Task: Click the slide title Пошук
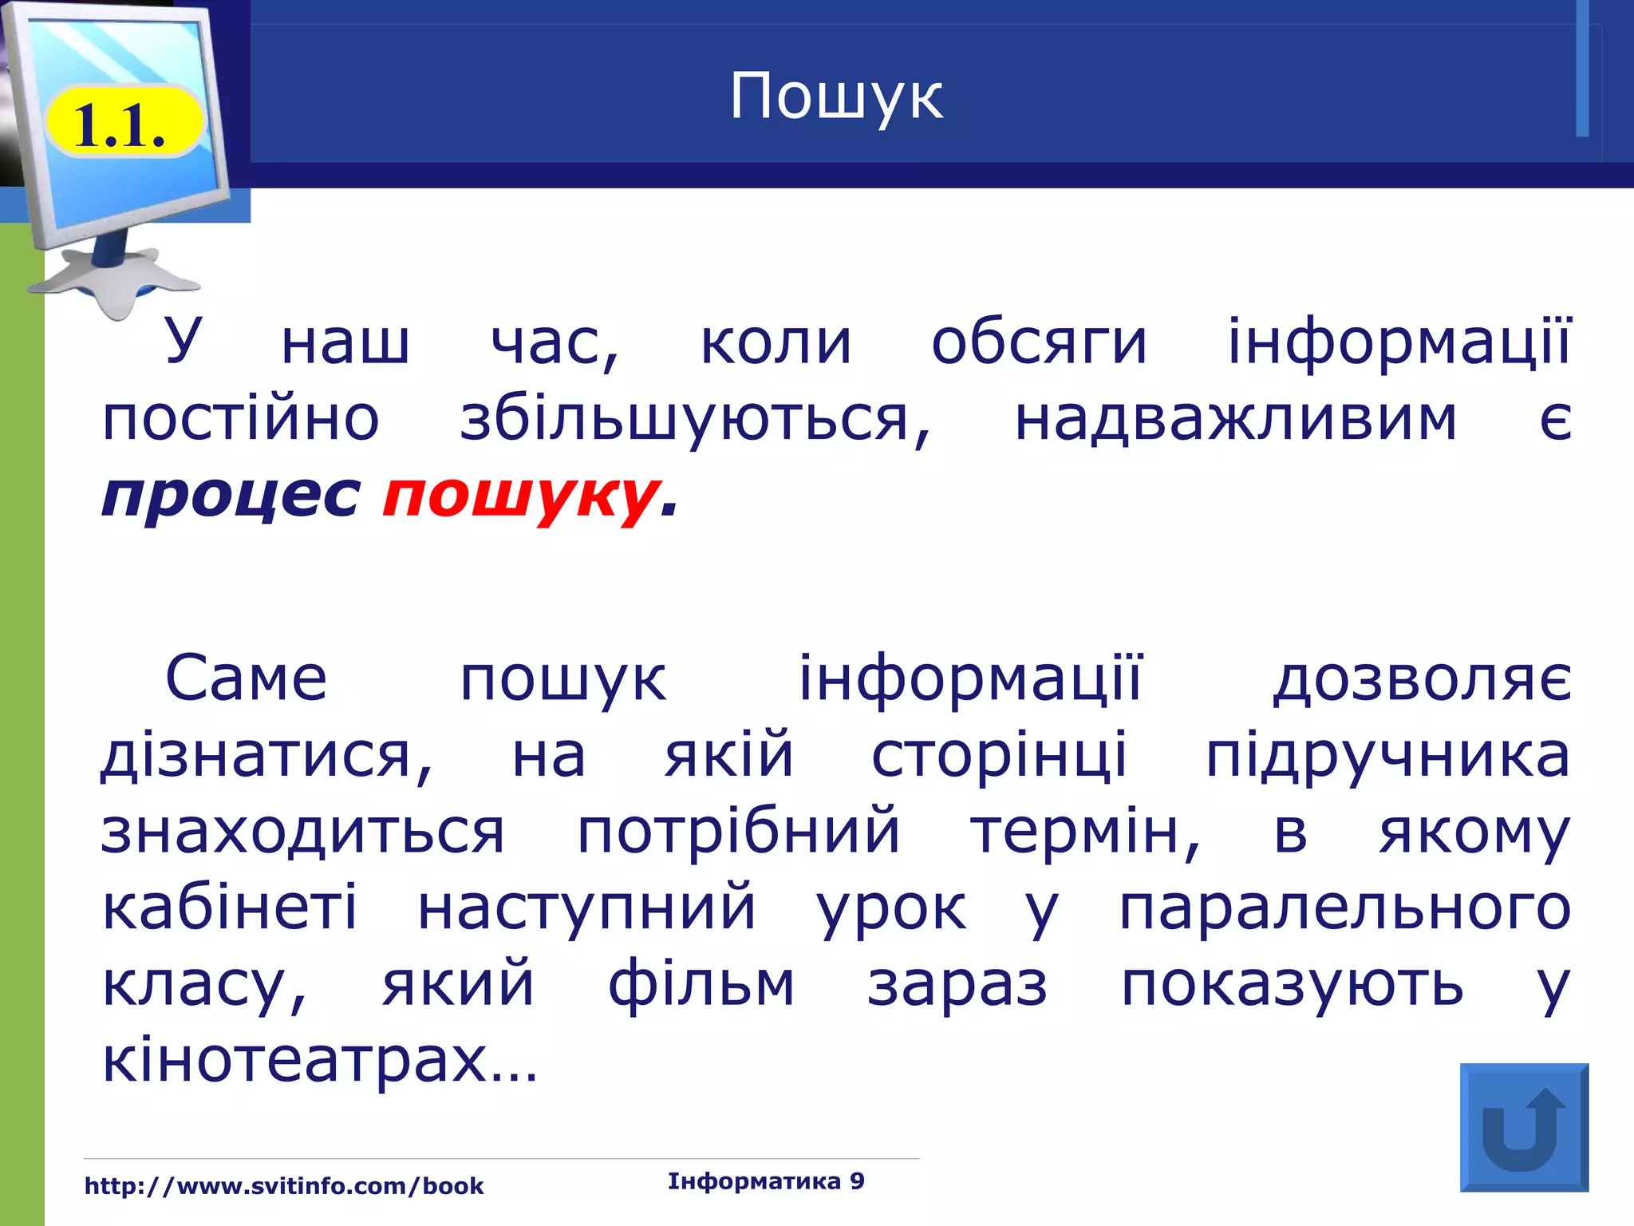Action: pyautogui.click(x=835, y=97)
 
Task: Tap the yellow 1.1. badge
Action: pyautogui.click(x=122, y=124)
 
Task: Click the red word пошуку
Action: pyautogui.click(x=521, y=496)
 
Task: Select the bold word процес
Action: pyautogui.click(x=231, y=496)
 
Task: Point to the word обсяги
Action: pyautogui.click(x=1039, y=342)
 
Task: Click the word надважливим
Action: pyautogui.click(x=1235, y=419)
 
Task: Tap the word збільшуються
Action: pyautogui.click(x=694, y=419)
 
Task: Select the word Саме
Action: pyautogui.click(x=246, y=678)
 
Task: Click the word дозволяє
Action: pyautogui.click(x=1422, y=678)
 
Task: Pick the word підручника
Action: pyautogui.click(x=1387, y=755)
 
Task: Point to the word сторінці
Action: pyautogui.click(x=999, y=755)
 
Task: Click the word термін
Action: pyautogui.click(x=1085, y=832)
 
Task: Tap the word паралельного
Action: pyautogui.click(x=1344, y=908)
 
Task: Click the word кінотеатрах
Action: pyautogui.click(x=319, y=1061)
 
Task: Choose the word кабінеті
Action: pyautogui.click(x=230, y=908)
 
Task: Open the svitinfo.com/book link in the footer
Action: pyautogui.click(x=284, y=1186)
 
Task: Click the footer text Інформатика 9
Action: pyautogui.click(x=766, y=1181)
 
